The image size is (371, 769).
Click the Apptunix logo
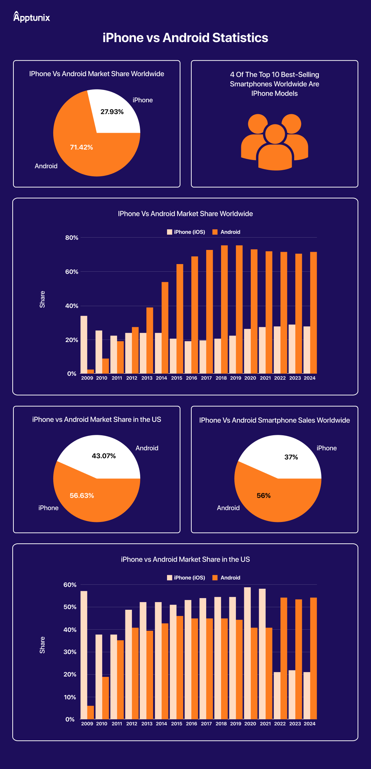32,17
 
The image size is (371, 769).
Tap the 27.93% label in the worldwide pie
112,112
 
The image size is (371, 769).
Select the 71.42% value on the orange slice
82,147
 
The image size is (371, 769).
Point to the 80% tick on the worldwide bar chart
72,238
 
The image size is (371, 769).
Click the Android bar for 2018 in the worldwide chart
224,309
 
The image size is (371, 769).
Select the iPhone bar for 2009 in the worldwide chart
84,345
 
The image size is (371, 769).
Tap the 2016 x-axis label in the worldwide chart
191,378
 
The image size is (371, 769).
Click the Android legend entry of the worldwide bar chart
226,232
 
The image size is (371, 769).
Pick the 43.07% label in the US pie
104,456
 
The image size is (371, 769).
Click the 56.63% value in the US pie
82,495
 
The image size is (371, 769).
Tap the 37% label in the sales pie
291,457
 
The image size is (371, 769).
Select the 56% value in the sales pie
263,495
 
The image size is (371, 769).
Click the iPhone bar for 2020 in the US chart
247,653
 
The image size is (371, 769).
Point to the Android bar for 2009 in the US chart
91,712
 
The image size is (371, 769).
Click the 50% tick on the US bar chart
70,607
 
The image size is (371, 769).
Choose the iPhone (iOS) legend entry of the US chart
186,578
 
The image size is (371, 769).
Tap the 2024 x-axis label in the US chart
309,724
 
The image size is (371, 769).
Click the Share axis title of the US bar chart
42,645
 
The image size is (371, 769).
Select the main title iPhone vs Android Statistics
185,38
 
